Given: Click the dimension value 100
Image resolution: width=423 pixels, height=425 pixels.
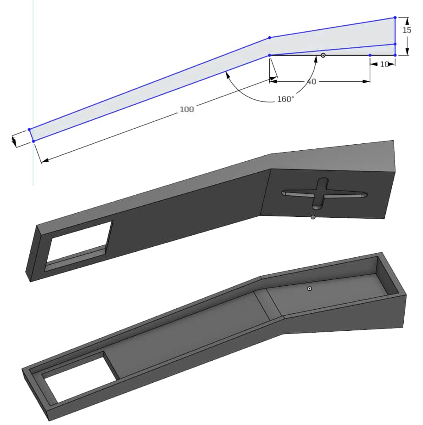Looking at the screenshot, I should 187,109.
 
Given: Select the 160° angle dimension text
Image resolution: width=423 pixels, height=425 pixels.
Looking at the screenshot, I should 285,99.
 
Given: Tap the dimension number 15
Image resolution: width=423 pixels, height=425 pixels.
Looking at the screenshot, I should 406,30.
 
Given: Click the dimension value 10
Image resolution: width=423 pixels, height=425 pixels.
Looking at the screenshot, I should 384,65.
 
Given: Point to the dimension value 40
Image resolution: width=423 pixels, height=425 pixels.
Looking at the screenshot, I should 311,82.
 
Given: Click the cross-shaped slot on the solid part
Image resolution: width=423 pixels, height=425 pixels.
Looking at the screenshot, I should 324,193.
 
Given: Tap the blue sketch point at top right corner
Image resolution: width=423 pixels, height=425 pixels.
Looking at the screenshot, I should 395,18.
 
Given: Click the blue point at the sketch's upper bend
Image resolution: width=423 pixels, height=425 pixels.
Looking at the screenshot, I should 269,37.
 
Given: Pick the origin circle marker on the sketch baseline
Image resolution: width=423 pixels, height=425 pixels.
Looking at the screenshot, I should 323,55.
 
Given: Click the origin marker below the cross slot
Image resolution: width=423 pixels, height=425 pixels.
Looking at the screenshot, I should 313,217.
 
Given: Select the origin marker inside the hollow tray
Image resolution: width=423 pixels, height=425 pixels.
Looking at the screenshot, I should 310,289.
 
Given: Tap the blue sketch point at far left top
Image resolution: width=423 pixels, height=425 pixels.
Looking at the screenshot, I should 29,130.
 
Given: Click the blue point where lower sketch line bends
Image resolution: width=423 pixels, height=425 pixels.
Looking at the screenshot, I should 269,55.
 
